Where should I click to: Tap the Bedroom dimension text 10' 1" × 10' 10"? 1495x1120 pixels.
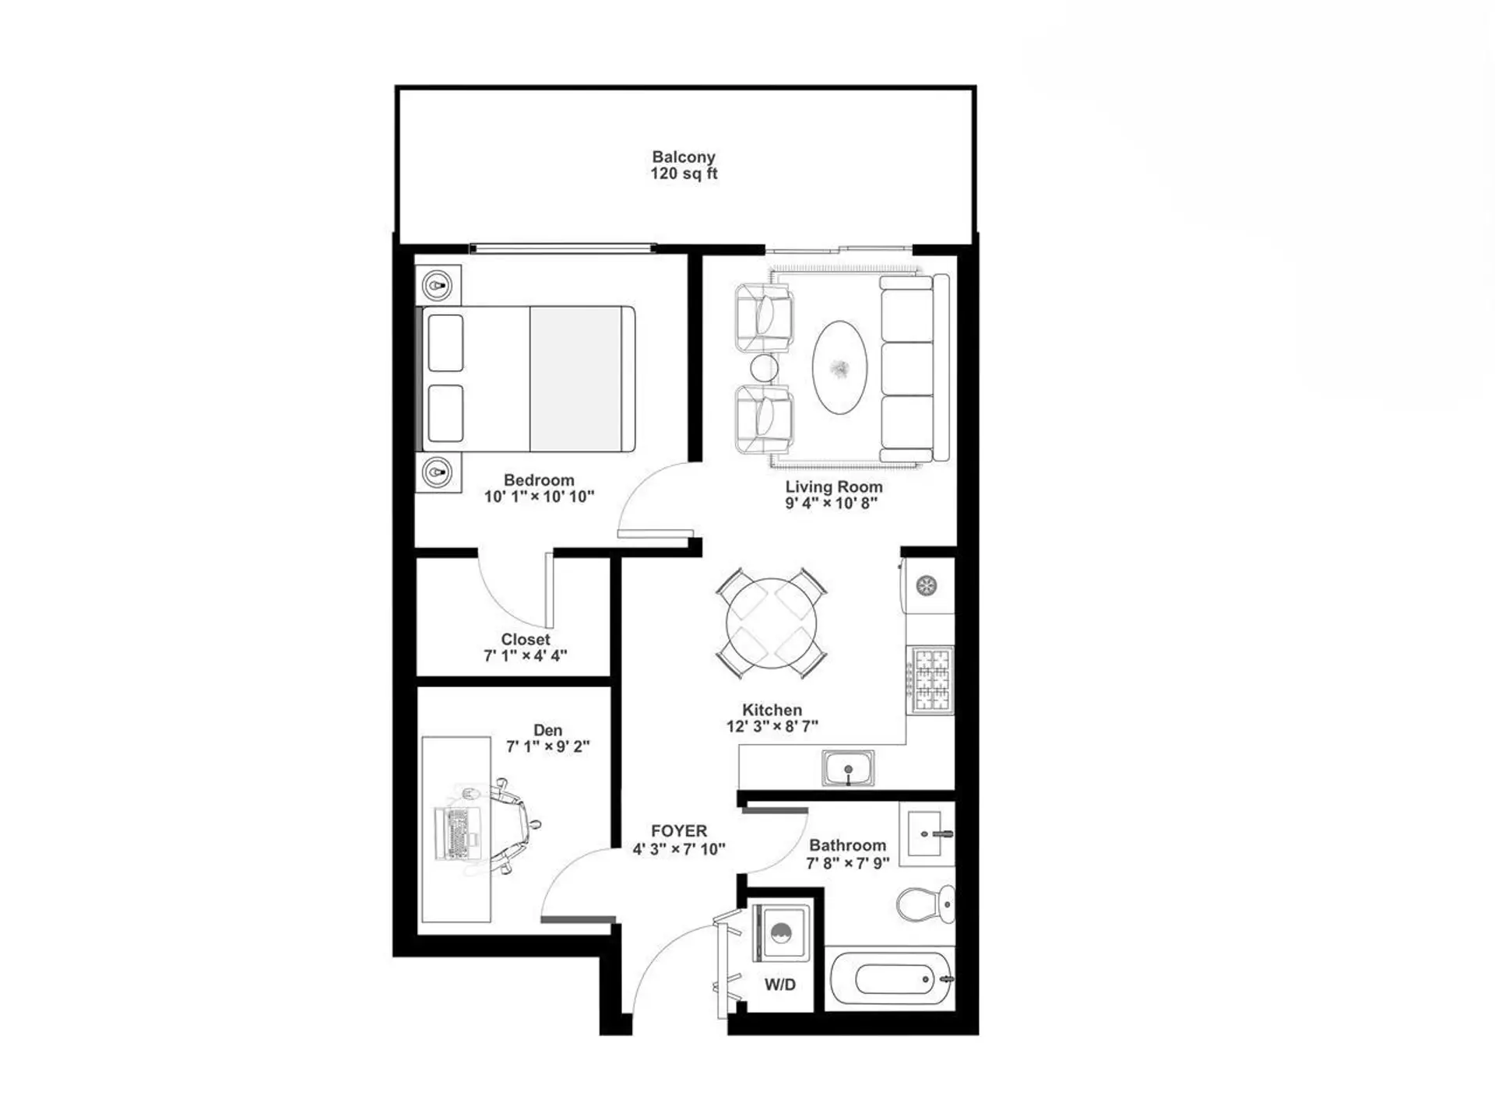click(539, 497)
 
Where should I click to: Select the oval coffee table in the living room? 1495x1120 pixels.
click(839, 367)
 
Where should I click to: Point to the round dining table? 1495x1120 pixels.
click(771, 623)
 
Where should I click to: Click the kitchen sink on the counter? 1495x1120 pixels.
click(848, 769)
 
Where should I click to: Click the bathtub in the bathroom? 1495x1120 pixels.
click(890, 980)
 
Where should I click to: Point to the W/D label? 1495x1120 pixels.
click(780, 985)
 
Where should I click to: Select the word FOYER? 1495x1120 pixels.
click(679, 831)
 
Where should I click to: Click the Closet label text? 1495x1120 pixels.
click(526, 640)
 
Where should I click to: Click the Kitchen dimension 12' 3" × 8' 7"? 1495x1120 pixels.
click(772, 727)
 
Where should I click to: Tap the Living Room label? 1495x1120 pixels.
click(833, 487)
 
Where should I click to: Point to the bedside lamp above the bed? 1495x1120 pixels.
click(438, 286)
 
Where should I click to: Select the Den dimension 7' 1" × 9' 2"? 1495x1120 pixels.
click(548, 747)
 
